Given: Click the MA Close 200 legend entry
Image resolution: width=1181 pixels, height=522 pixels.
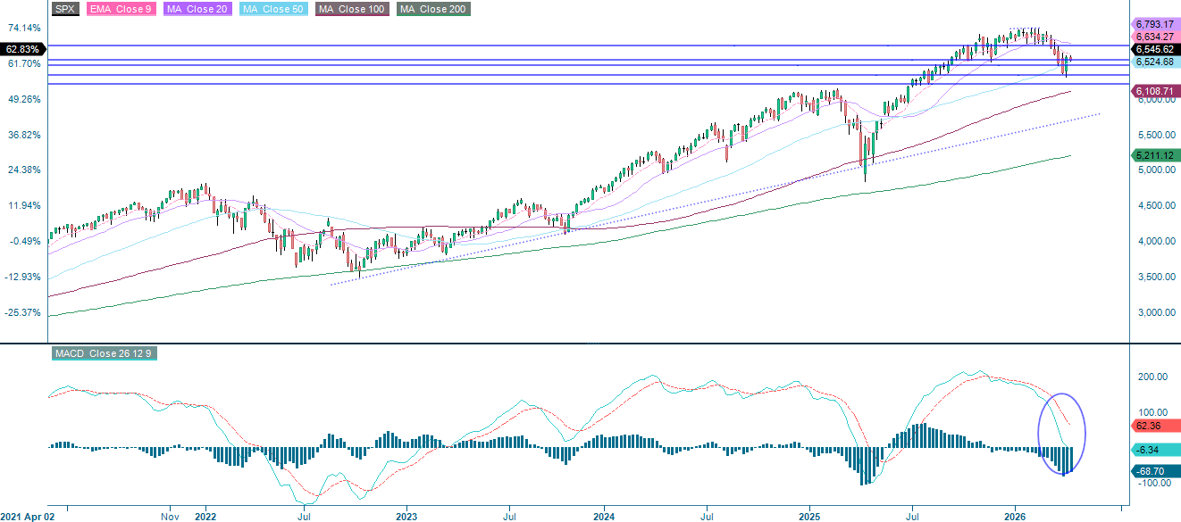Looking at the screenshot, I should (432, 9).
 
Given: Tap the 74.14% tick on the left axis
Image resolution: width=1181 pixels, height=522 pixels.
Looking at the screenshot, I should (24, 29).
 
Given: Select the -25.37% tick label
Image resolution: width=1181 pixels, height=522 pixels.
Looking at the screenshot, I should (24, 312).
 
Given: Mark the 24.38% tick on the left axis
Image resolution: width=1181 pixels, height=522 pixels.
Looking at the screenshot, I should (24, 170).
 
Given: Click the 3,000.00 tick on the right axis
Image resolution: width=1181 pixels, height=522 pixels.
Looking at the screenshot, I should (1152, 313).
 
